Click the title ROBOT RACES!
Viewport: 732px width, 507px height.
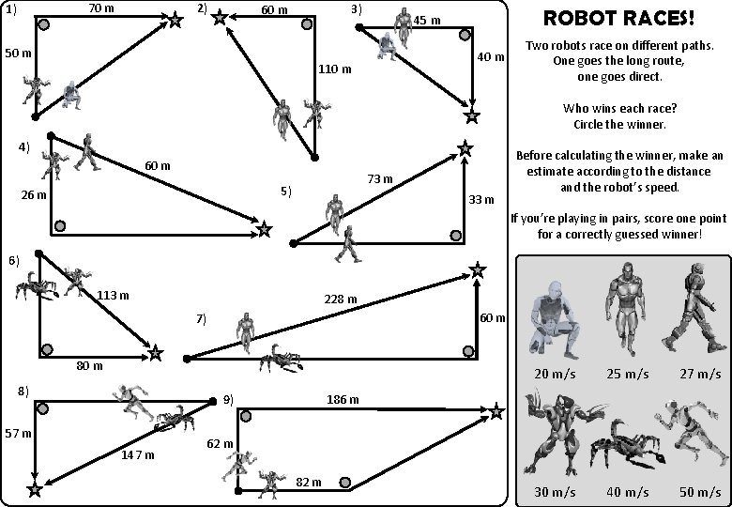[619, 18]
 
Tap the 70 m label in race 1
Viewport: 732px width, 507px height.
[101, 8]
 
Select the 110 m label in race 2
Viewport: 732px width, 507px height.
[335, 69]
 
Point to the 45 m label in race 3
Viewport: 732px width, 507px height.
[427, 21]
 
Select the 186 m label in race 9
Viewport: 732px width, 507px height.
[343, 400]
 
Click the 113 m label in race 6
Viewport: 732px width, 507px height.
[114, 295]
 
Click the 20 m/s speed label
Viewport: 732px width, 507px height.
[556, 374]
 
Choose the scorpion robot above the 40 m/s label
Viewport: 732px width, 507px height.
[624, 443]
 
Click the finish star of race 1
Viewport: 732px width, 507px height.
[175, 20]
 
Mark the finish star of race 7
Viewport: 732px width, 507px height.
[478, 271]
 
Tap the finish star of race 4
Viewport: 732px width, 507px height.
[264, 229]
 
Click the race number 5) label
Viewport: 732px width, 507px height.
[286, 192]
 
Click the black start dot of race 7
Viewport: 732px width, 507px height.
[187, 359]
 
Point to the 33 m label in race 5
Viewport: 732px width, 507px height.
[481, 199]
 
